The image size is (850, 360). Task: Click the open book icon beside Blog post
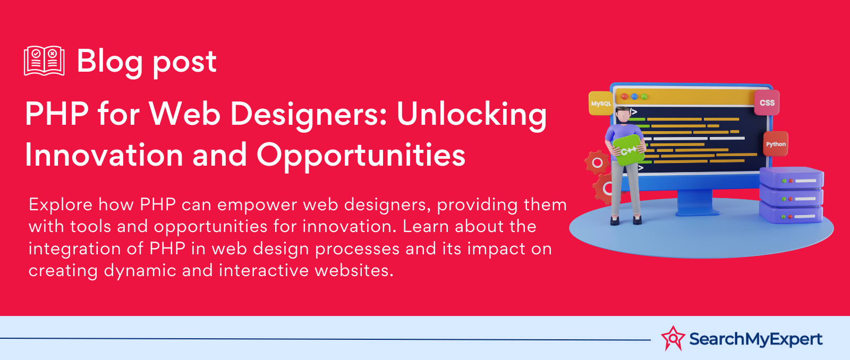[44, 61]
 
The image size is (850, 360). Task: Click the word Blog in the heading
[109, 62]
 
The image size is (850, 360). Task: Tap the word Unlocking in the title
[472, 115]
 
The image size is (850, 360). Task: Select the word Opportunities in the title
[361, 155]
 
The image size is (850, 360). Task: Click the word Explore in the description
[61, 205]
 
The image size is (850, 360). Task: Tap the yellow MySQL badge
[601, 103]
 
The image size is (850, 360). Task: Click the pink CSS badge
[767, 103]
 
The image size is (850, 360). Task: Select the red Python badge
[776, 144]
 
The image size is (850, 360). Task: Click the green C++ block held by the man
[629, 150]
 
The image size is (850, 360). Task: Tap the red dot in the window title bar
[624, 96]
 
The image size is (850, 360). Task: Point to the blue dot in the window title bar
[634, 96]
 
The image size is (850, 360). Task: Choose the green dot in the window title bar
[644, 96]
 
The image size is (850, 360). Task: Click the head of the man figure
[623, 115]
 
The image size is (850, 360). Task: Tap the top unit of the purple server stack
[792, 177]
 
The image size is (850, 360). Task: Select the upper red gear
[597, 162]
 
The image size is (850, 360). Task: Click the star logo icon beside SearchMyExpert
[673, 338]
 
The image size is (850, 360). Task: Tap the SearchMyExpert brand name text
[756, 339]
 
